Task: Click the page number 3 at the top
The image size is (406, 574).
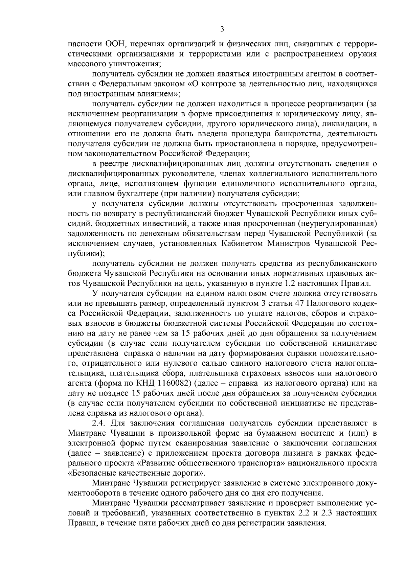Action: (x=222, y=29)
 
